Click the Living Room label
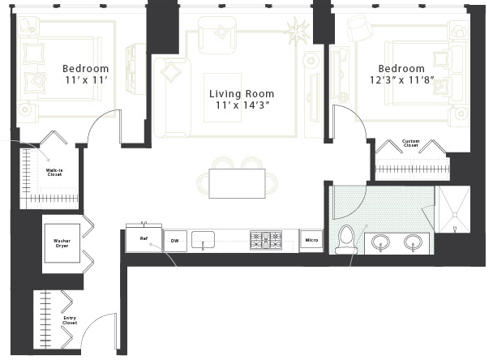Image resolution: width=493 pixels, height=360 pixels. [x=242, y=94]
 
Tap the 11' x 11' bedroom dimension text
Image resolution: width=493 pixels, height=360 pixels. [x=87, y=80]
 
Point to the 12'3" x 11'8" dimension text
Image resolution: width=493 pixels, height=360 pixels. [x=401, y=80]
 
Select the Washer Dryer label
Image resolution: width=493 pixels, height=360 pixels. [x=62, y=243]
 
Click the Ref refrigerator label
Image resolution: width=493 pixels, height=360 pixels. [x=144, y=238]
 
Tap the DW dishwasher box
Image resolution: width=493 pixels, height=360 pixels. [x=175, y=241]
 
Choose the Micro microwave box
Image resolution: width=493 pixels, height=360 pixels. [x=311, y=241]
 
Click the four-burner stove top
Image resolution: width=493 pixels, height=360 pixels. [x=266, y=241]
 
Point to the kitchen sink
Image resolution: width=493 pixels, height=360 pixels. [x=203, y=240]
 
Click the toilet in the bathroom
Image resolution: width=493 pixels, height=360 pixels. [x=346, y=239]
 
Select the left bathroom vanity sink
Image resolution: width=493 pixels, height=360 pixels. [x=380, y=242]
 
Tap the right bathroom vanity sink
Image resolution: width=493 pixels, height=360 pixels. [x=414, y=242]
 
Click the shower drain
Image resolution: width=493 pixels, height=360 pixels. [x=454, y=215]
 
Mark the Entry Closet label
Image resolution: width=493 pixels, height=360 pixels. [x=70, y=320]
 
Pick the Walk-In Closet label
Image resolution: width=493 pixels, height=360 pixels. [x=54, y=172]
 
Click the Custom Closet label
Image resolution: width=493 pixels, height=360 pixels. [x=410, y=143]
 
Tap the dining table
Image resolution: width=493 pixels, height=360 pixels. [x=237, y=183]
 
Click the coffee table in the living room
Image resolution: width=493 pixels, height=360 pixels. [x=223, y=97]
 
